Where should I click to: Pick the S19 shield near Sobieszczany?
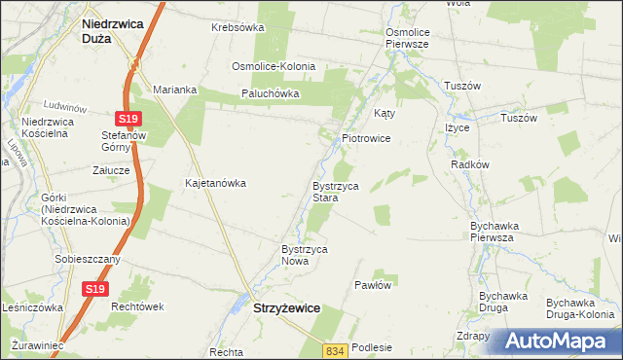coord(93,289)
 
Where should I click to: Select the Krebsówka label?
coord(238,27)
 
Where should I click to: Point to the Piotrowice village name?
coord(366,138)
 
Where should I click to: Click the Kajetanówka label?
coord(216,182)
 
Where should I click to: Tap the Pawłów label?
coord(373,285)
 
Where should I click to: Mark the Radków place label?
coord(470,164)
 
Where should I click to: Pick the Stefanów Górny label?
coord(123,142)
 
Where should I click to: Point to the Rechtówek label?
coord(137,306)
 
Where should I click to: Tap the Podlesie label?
coord(373,347)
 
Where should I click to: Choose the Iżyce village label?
coord(457,127)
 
